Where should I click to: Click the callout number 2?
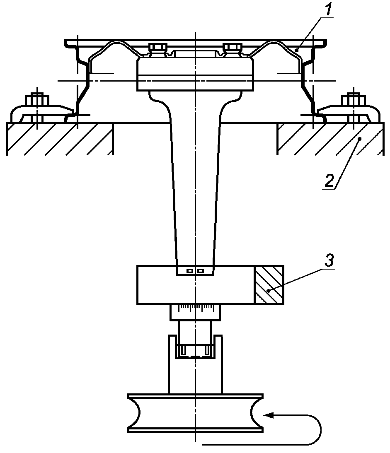(329, 180)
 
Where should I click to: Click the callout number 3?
(329, 260)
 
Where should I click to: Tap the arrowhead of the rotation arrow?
(269, 415)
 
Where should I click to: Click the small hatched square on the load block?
(269, 284)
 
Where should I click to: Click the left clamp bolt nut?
(37, 100)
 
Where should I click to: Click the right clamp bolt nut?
(353, 100)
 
